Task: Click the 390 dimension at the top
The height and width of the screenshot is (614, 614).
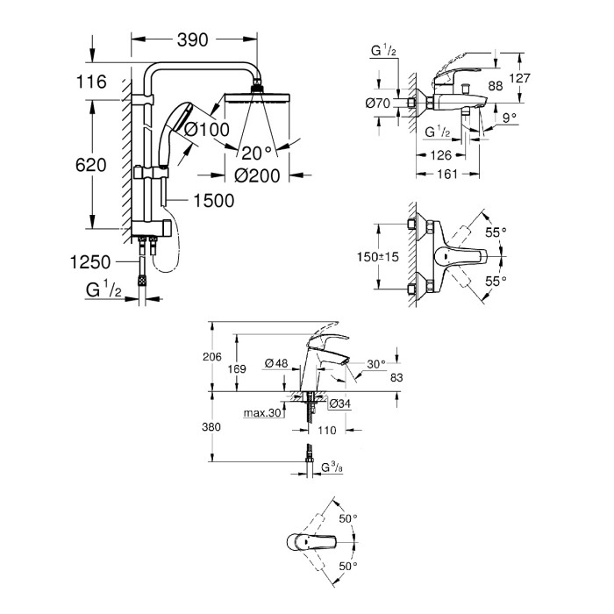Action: click(x=193, y=39)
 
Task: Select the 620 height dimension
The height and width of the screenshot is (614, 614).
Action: click(x=91, y=165)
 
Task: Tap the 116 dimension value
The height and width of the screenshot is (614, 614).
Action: click(x=91, y=82)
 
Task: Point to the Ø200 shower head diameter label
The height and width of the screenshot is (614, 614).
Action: click(x=257, y=175)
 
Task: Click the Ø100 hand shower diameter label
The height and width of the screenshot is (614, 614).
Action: click(x=207, y=129)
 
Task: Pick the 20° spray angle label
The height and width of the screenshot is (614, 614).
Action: click(x=257, y=153)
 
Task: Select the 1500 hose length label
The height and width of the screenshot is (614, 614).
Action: click(x=214, y=201)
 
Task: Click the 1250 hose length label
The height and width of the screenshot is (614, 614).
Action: click(x=90, y=262)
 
